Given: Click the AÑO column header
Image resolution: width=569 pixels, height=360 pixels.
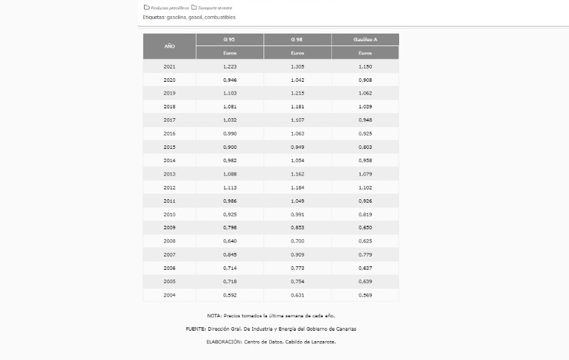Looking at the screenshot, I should [169, 46].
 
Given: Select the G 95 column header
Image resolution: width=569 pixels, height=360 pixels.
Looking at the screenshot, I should [230, 40].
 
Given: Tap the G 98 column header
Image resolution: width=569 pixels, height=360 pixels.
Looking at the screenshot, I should [297, 40].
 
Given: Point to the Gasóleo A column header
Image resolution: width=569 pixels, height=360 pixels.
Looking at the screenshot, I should [365, 40].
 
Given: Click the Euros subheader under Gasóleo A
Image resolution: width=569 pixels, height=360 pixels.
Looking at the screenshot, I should [365, 53].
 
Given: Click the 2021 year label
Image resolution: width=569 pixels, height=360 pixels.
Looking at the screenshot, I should [169, 66].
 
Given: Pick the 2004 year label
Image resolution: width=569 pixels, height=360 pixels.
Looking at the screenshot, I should [169, 295].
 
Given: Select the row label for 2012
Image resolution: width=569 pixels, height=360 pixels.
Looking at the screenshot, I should [169, 187].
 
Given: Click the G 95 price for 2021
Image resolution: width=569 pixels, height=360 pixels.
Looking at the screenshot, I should [230, 66].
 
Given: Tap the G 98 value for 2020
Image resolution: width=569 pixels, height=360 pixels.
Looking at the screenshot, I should [297, 80].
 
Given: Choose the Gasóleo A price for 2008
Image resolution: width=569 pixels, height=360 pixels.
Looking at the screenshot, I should [365, 241].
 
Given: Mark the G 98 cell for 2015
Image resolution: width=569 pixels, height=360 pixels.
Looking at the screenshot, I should [297, 147].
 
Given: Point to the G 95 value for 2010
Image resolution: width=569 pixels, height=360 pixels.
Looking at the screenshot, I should [230, 214].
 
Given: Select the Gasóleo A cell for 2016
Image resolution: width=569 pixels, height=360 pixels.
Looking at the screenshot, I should [365, 134].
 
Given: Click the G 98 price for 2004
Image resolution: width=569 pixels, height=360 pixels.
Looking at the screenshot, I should [297, 295].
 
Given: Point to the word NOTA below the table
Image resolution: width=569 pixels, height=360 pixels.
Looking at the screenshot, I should [214, 316].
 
